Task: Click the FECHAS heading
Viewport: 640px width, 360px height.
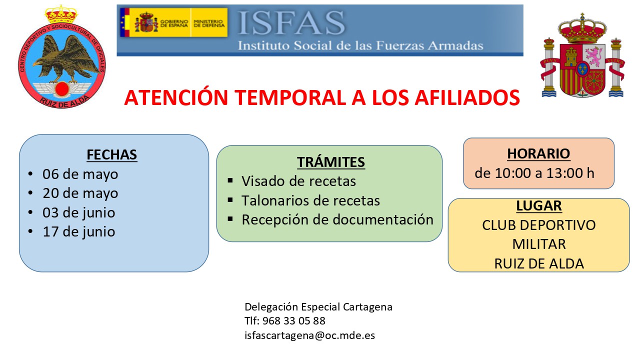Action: tap(111, 155)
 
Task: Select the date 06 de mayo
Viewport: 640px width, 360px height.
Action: tap(80, 174)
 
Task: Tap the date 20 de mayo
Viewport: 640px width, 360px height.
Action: tap(80, 193)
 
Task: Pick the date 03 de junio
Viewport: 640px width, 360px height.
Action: tap(79, 212)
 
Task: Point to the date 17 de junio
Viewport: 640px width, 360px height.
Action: tap(79, 231)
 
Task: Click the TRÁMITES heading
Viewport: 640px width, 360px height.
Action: tap(331, 162)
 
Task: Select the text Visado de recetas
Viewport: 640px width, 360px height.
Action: tap(298, 181)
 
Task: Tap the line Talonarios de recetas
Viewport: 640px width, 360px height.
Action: tap(311, 200)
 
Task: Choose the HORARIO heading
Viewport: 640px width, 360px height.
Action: tap(538, 153)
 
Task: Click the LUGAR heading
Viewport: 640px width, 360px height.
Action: tap(539, 205)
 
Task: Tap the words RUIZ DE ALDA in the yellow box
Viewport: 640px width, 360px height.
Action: tap(539, 263)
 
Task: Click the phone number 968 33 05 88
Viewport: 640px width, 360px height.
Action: tap(293, 321)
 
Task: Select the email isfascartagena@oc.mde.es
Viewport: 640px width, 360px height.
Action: tap(309, 335)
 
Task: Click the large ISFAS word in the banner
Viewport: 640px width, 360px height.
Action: tap(291, 23)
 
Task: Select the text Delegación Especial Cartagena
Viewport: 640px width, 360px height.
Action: tap(318, 307)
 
